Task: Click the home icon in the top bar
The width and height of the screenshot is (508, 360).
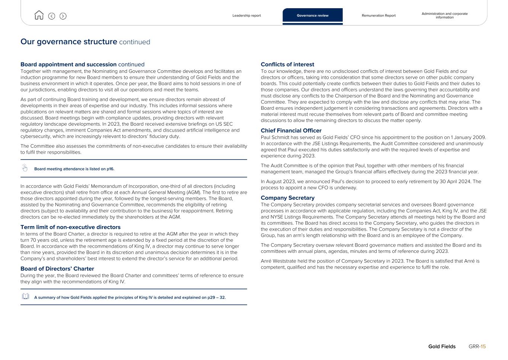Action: (39, 15)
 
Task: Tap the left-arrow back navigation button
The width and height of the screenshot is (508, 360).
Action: (52, 16)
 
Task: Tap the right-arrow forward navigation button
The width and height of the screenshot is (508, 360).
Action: (63, 16)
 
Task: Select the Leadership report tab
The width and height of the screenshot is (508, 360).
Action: (246, 16)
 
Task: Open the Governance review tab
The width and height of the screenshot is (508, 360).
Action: (313, 16)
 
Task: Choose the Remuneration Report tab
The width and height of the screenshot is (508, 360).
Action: (378, 16)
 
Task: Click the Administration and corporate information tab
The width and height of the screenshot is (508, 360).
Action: (444, 16)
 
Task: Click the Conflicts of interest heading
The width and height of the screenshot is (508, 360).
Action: (287, 65)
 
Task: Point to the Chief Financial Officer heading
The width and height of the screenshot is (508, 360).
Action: (291, 131)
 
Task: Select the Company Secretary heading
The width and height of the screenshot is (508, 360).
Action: (288, 198)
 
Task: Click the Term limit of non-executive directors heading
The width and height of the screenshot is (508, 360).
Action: (70, 227)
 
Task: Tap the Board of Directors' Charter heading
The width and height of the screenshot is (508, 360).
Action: (57, 269)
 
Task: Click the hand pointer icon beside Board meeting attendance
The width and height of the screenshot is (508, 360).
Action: (25, 168)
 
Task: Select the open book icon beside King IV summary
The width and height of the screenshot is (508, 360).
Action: (25, 296)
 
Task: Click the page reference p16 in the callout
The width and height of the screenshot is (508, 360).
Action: (110, 169)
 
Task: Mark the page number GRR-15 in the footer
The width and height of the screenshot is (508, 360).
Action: (477, 347)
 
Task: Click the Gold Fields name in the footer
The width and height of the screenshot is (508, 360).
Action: (442, 347)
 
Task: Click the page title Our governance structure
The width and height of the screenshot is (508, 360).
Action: (69, 42)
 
